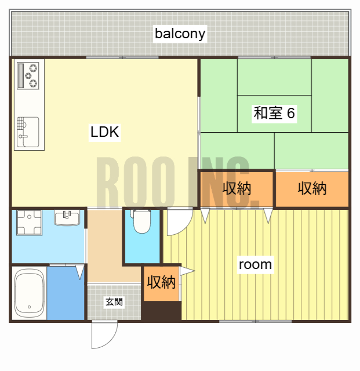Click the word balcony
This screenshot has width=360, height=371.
coord(180,34)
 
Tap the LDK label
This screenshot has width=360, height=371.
coord(104,132)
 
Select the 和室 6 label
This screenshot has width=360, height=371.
coord(274,113)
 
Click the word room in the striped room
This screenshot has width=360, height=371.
coord(255,265)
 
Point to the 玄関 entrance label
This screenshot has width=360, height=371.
coord(114,302)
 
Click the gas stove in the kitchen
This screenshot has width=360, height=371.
coord(28,75)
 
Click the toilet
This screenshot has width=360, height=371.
coord(141,220)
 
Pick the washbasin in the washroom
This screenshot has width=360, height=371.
coord(67,218)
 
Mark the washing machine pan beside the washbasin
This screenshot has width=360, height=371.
coord(29,221)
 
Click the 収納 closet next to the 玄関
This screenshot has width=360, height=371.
coord(161,283)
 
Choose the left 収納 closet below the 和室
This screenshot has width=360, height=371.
coord(237,189)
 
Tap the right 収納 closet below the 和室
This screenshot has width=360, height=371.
coord(312,189)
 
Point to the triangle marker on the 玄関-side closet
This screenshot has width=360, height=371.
coord(188,271)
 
